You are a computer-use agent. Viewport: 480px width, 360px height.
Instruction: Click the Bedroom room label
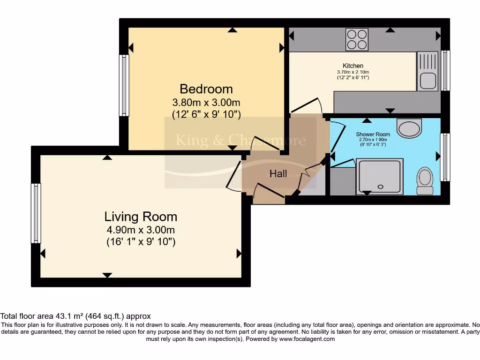click(206, 89)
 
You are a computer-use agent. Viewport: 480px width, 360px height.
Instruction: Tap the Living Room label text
click(141, 217)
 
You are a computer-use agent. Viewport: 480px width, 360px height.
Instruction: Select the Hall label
click(278, 174)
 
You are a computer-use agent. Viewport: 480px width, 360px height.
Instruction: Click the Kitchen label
click(353, 66)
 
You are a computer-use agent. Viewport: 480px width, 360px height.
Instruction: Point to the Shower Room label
click(373, 134)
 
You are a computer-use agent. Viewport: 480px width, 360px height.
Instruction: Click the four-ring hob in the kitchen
click(357, 39)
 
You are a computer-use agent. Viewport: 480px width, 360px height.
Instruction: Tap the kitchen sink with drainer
click(427, 71)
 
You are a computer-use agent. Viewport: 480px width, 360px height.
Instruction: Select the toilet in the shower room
click(425, 180)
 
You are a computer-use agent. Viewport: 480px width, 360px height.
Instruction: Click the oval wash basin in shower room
click(409, 127)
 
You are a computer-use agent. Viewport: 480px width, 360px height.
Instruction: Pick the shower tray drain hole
click(380, 187)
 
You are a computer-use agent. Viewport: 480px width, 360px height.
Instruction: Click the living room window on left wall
click(36, 213)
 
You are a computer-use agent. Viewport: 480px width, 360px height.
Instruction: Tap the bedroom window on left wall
click(124, 85)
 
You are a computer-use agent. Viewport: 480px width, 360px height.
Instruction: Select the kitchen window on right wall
click(446, 70)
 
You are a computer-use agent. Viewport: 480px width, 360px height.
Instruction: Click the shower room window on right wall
click(446, 157)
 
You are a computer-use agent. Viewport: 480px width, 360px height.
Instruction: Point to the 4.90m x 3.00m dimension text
click(141, 230)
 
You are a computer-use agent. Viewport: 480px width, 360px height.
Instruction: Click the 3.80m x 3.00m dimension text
click(206, 102)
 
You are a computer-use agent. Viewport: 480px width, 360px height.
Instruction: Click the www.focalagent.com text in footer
click(307, 339)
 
